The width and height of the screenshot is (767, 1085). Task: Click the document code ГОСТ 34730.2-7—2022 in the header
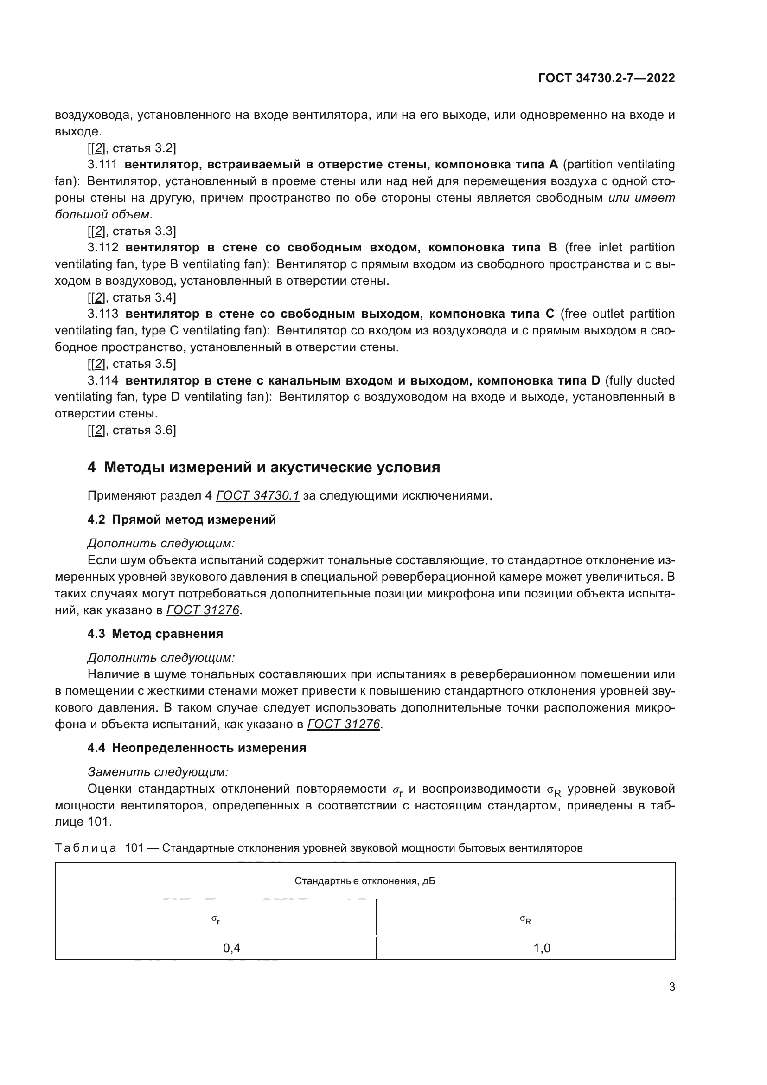tap(607, 78)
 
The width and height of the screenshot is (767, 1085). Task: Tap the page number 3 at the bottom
tap(671, 987)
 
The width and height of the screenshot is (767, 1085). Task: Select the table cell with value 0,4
tap(231, 949)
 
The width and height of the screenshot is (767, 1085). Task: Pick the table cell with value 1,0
tap(542, 949)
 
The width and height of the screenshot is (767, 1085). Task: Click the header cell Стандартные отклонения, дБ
tap(364, 881)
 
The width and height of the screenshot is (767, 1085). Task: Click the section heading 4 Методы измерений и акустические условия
tap(263, 468)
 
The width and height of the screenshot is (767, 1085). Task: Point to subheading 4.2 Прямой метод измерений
tap(181, 520)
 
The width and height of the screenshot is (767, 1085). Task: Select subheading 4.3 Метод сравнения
tap(155, 634)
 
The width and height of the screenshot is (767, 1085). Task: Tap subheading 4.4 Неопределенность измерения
tap(197, 748)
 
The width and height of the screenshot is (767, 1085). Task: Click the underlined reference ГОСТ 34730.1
tap(258, 496)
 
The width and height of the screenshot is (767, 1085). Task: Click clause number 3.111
tap(102, 165)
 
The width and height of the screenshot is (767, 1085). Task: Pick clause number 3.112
tap(102, 248)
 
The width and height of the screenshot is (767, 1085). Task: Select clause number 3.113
tap(102, 314)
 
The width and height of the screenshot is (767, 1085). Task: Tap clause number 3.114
tap(102, 380)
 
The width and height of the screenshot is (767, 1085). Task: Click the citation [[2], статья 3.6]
tap(132, 430)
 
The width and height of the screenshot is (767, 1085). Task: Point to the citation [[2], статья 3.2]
tap(132, 148)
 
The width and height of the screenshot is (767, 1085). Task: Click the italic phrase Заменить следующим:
tap(158, 772)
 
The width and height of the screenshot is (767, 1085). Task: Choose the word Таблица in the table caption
tap(85, 848)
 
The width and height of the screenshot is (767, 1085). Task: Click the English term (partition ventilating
tap(619, 165)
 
